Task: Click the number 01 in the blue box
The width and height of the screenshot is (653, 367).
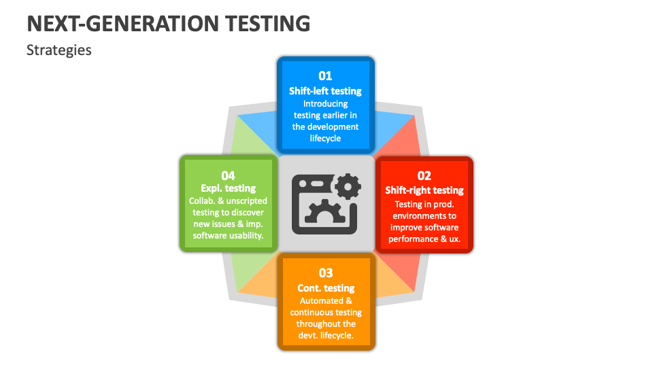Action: coord(325,75)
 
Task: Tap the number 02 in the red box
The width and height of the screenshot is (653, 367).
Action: coord(424,175)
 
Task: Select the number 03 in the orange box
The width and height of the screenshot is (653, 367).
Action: coord(326,273)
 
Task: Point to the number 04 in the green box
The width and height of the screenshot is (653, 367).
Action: coord(228,175)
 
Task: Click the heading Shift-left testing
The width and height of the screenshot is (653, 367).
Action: coord(325,90)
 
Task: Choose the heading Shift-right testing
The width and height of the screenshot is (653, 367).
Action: coord(424,190)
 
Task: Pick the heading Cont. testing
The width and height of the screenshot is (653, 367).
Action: coord(326,288)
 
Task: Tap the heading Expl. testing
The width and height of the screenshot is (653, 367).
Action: coord(229,188)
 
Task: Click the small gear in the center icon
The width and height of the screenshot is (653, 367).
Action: coord(348,185)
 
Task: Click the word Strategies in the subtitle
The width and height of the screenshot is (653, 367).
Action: coord(59,50)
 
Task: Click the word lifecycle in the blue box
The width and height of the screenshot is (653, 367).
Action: coord(325,139)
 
